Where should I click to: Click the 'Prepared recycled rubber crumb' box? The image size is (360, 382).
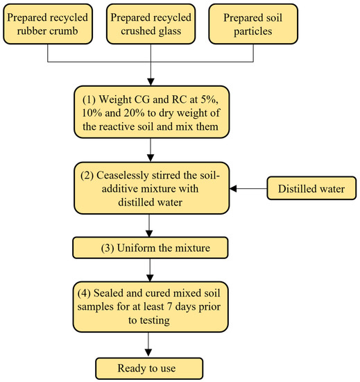(46, 23)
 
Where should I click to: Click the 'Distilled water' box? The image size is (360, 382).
(311, 188)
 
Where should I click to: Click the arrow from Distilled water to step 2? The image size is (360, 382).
(250, 188)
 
